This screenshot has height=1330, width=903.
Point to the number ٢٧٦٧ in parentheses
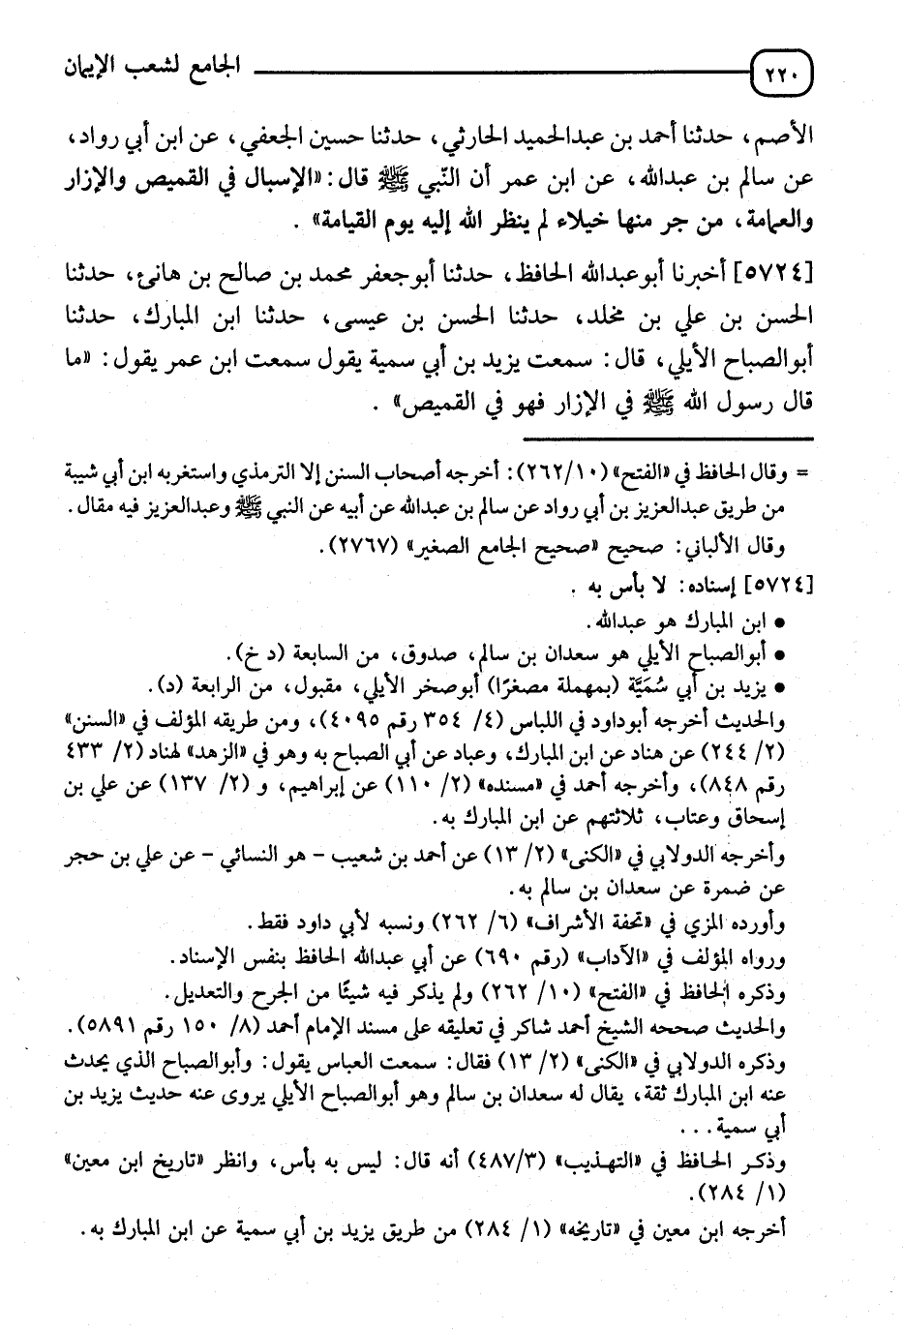pos(353,551)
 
